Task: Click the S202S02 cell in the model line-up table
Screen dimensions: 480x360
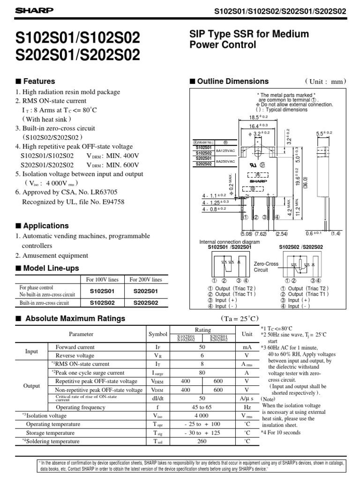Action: click(x=145, y=303)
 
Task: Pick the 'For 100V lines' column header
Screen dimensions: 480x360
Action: click(x=102, y=280)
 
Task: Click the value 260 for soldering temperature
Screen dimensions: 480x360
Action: click(x=202, y=441)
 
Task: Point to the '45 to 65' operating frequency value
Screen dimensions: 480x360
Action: click(x=202, y=407)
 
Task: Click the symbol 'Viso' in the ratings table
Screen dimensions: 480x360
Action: click(x=157, y=416)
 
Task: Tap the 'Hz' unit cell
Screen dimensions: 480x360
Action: click(x=246, y=407)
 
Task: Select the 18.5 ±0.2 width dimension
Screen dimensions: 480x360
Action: click(x=258, y=117)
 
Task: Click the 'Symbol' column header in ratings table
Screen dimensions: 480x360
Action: click(x=157, y=334)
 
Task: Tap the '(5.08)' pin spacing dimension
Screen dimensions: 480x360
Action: click(x=246, y=233)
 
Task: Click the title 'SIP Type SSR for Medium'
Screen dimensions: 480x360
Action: click(x=248, y=34)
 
